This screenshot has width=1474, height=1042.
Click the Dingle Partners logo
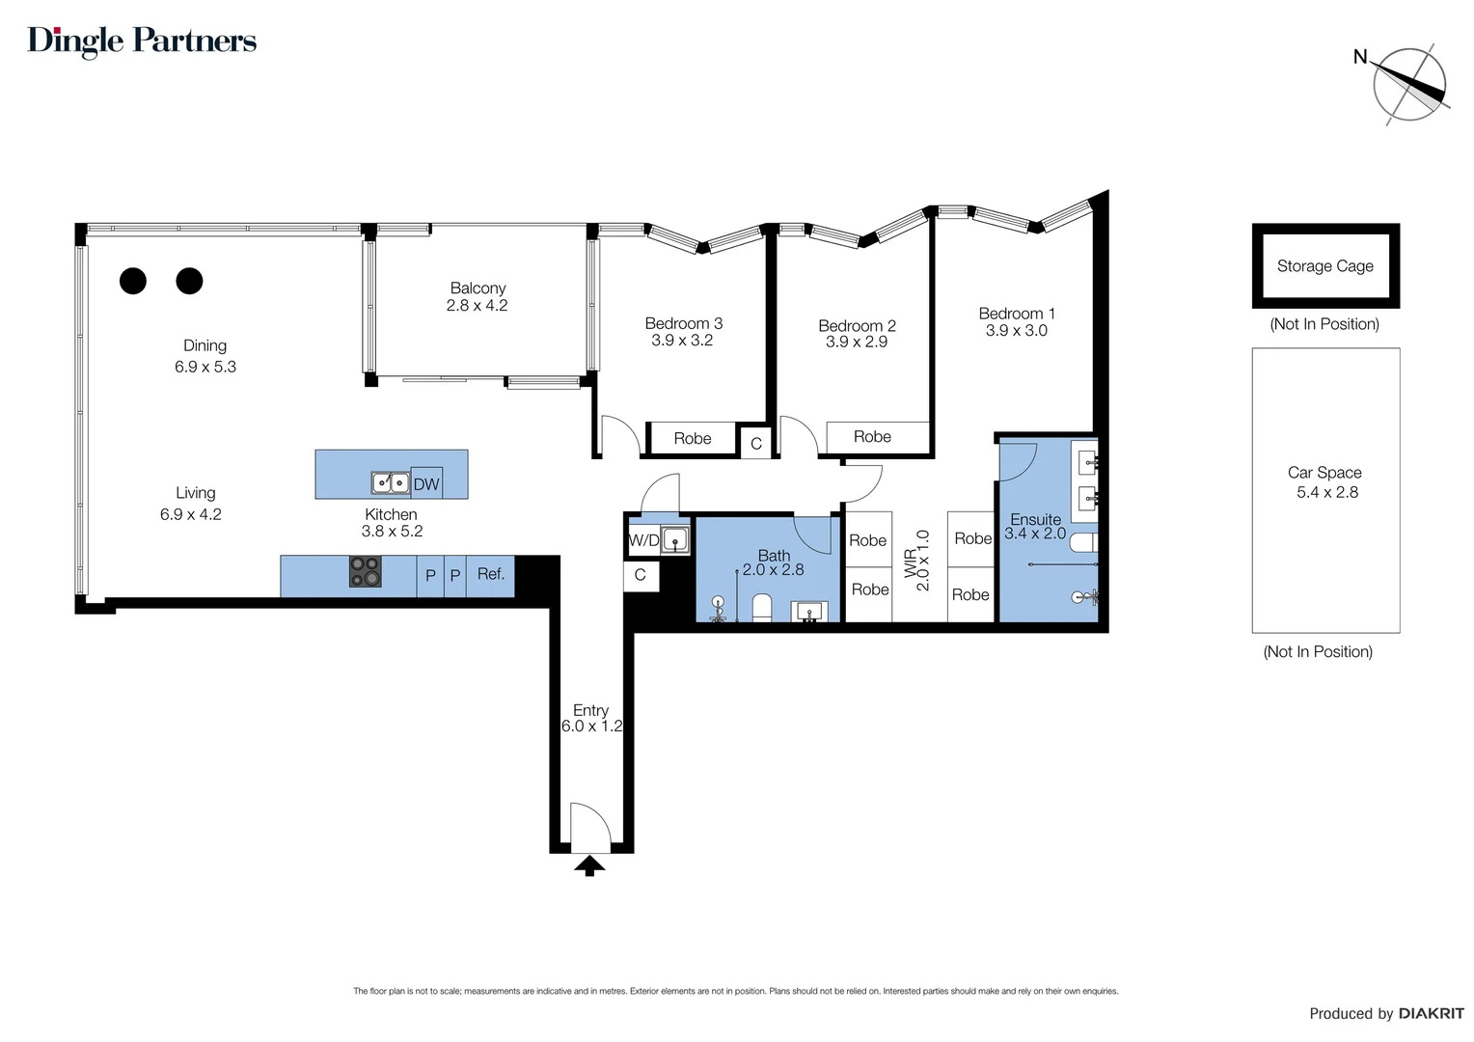142,41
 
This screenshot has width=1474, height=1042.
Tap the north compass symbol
1409,85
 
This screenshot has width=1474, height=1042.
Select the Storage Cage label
1324,266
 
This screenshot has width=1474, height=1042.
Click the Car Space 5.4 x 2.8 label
1325,482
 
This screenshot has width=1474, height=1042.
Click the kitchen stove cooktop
365,571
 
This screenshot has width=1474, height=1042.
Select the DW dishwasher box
425,483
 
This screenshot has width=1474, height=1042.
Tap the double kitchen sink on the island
390,482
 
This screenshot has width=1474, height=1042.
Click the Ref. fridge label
490,574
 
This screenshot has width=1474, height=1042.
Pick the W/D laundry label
643,540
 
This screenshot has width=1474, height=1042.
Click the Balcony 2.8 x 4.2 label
477,296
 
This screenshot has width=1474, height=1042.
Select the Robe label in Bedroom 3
692,438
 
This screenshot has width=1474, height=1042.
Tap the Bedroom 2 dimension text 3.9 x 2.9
856,342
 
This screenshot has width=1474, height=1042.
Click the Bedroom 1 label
1016,314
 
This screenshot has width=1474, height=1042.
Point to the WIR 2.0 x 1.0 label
916,562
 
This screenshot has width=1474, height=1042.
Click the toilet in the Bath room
761,608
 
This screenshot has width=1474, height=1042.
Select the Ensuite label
1035,519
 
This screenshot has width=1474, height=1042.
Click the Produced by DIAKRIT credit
1385,1013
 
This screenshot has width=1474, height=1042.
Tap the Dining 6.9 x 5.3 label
205,356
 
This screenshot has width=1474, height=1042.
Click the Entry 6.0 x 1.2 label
591,718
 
